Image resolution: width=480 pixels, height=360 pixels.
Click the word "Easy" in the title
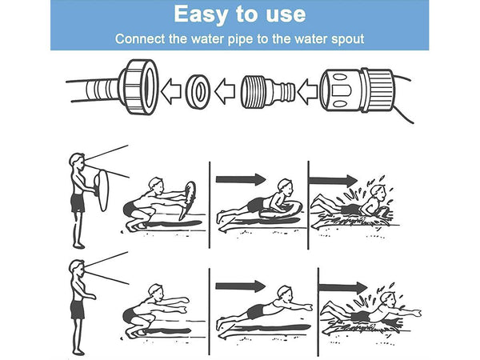tap(201, 14)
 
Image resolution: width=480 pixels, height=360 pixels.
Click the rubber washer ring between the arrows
tap(198, 91)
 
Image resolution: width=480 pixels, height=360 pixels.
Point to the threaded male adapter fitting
tap(267, 91)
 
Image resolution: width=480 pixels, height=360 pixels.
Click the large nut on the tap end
tap(138, 87)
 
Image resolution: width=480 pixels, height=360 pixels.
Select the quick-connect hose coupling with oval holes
tap(357, 90)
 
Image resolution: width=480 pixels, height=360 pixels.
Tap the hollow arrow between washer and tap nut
tap(171, 91)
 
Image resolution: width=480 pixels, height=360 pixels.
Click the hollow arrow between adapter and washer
tap(225, 91)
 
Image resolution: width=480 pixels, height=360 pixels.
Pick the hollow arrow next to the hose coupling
tap(307, 91)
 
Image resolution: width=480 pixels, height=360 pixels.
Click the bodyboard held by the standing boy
tap(102, 190)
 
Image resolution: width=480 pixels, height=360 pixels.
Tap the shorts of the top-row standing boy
tap(78, 203)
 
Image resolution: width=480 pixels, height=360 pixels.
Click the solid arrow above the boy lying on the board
tap(241, 179)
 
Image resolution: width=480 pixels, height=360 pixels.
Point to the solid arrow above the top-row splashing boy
tap(333, 180)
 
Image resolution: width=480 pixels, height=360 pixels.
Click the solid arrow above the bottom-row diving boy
tap(240, 286)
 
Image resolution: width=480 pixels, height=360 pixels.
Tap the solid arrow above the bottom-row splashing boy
tap(343, 288)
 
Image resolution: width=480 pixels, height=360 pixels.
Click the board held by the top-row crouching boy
tap(188, 200)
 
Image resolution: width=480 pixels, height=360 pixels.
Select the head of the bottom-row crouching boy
tap(156, 292)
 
